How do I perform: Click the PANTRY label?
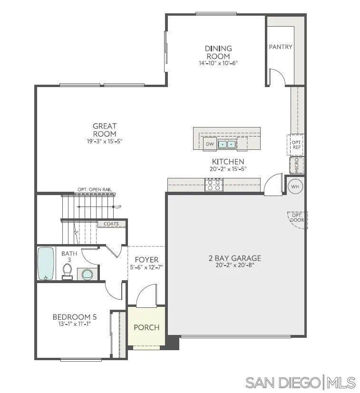tap(281, 47)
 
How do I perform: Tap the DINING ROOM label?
tap(218, 52)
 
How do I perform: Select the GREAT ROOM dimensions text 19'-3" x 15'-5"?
tap(105, 141)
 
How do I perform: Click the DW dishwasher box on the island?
tap(209, 144)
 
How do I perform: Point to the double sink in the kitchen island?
tap(226, 144)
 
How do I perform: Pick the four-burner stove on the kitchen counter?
tap(214, 185)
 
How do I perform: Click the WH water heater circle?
tap(295, 186)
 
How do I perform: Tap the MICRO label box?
tap(297, 165)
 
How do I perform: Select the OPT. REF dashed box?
tap(296, 145)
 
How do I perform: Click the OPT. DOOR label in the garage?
tap(297, 218)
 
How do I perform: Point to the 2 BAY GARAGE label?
tap(235, 258)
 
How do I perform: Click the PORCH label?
tap(146, 327)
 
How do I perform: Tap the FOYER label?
tap(146, 260)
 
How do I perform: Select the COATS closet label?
tap(112, 224)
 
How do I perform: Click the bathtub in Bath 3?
tap(47, 263)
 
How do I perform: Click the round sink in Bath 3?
tap(87, 274)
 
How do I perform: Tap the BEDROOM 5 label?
tap(71, 317)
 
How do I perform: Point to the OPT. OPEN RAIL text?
tap(95, 190)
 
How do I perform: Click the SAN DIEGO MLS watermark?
tap(301, 382)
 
